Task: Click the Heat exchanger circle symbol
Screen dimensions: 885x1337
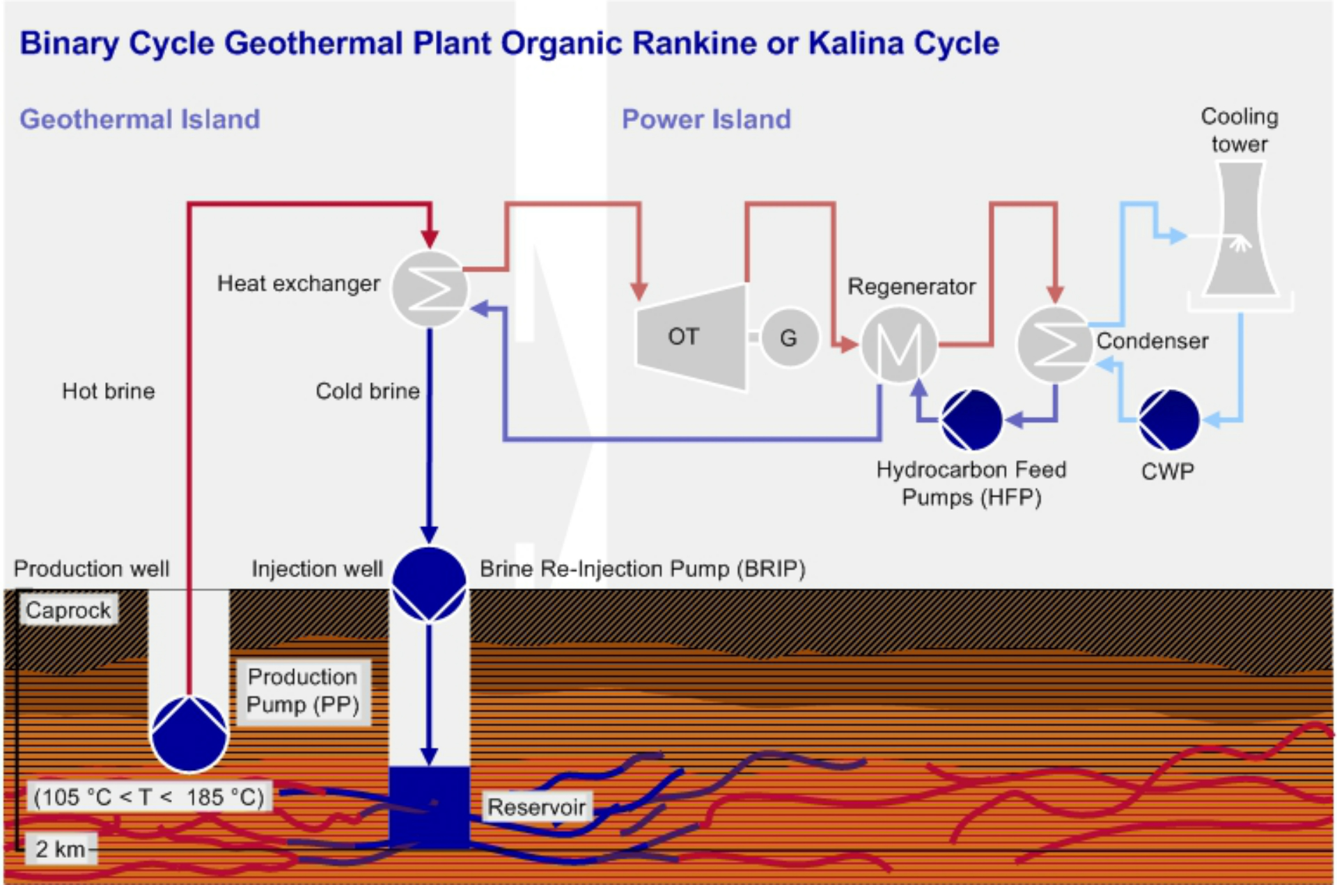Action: pyautogui.click(x=430, y=288)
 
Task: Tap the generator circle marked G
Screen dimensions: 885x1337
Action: pyautogui.click(x=789, y=338)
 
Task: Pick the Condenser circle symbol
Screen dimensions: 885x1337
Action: pyautogui.click(x=1054, y=344)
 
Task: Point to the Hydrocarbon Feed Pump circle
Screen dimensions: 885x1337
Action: pyautogui.click(x=972, y=420)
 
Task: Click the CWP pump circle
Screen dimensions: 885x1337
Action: pyautogui.click(x=1169, y=420)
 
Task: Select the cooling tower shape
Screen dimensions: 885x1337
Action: pyautogui.click(x=1240, y=230)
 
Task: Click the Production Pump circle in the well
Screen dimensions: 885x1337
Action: pyautogui.click(x=189, y=734)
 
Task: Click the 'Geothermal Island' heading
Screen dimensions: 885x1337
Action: pyautogui.click(x=140, y=120)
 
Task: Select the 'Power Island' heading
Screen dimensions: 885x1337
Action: pyautogui.click(x=706, y=120)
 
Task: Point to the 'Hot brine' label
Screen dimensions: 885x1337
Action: pyautogui.click(x=109, y=391)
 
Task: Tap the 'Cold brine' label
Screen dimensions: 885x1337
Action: pyautogui.click(x=368, y=391)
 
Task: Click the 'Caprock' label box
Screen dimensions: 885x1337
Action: pyautogui.click(x=68, y=611)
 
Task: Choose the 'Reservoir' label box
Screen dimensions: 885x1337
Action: pyautogui.click(x=536, y=807)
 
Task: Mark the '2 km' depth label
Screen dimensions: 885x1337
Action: pyautogui.click(x=61, y=849)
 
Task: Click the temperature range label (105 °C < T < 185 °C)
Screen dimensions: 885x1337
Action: pyautogui.click(x=149, y=797)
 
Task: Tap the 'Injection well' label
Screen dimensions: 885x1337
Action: pyautogui.click(x=317, y=569)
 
